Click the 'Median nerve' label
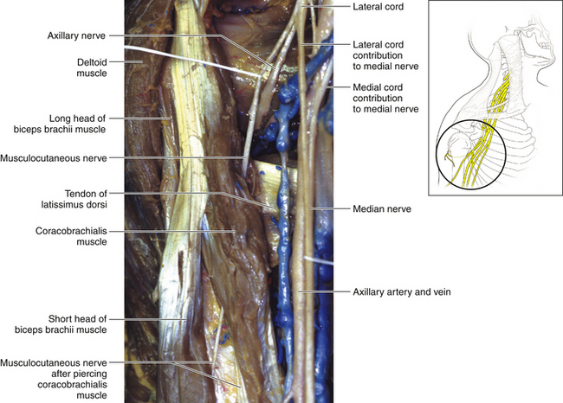click(x=382, y=208)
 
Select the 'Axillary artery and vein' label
click(x=403, y=291)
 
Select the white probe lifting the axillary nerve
click(x=199, y=59)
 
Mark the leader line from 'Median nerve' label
click(x=333, y=208)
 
